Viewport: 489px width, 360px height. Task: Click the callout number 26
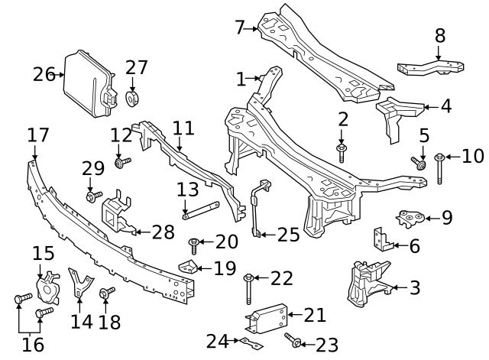[x=44, y=74]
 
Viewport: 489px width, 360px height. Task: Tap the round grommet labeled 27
[x=134, y=99]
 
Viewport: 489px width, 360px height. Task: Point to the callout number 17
[x=37, y=135]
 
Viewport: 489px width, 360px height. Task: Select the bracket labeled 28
[x=115, y=214]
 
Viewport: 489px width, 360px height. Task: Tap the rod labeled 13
[x=201, y=209]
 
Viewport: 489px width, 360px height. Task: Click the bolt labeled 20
[x=195, y=244]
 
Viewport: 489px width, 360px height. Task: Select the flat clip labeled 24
[x=248, y=342]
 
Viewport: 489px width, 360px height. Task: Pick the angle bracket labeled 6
[x=382, y=239]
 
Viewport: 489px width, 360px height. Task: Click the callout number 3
[x=415, y=288]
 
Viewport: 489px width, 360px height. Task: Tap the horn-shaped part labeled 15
[x=48, y=284]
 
